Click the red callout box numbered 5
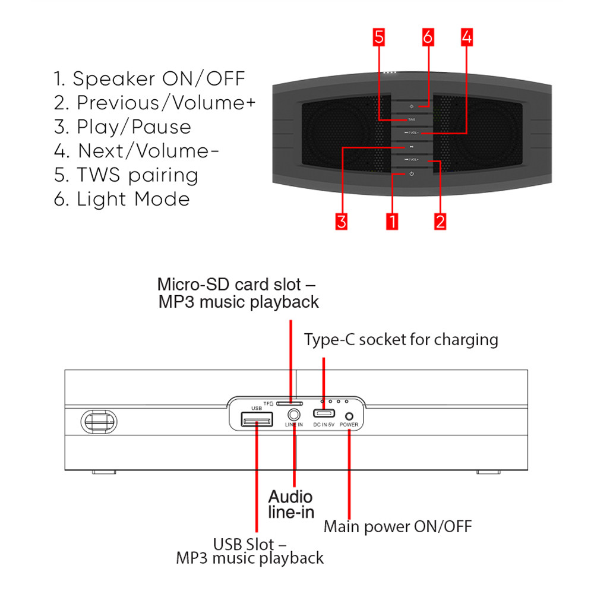[x=379, y=37]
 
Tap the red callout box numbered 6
[x=428, y=37]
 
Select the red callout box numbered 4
[x=466, y=37]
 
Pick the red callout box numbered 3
[x=341, y=222]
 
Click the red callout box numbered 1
[x=391, y=222]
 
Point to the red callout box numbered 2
[x=440, y=222]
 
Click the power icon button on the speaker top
[x=411, y=173]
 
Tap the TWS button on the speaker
[x=411, y=119]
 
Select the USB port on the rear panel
[x=256, y=421]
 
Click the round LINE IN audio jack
[x=293, y=415]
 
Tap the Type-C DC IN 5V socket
[x=324, y=415]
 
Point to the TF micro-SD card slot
[x=290, y=403]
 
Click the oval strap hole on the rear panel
[x=98, y=421]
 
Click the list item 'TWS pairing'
[x=126, y=175]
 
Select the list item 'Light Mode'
[x=122, y=199]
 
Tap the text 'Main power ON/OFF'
[x=397, y=526]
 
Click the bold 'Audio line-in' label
[x=290, y=504]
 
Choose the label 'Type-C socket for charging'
[x=401, y=340]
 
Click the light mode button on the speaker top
[x=411, y=106]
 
